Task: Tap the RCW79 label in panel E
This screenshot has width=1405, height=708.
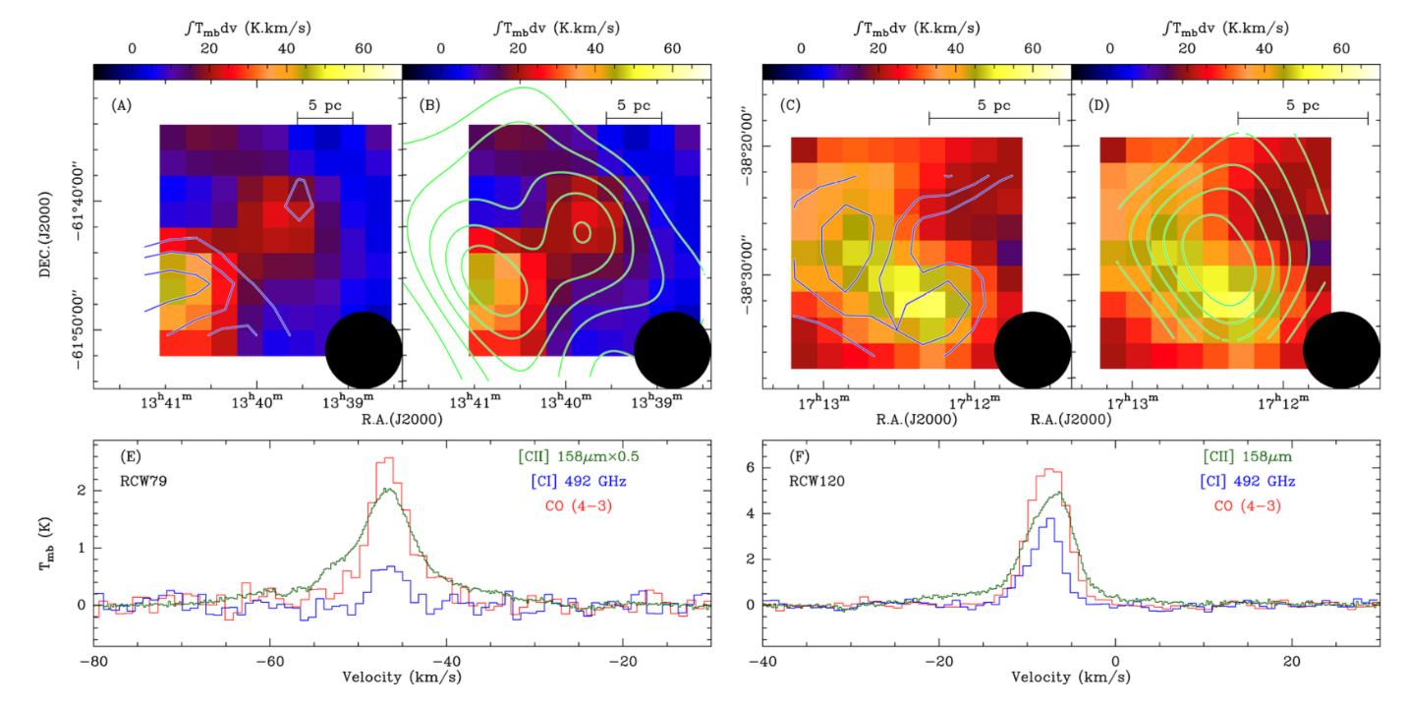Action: click(140, 482)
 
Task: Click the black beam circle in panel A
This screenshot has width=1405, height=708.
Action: click(364, 350)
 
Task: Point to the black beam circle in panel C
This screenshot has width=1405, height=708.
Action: click(1032, 350)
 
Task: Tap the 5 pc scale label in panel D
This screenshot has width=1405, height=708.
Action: click(1302, 104)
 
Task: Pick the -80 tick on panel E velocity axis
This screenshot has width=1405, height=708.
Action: click(93, 661)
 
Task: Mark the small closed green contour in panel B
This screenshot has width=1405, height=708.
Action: click(582, 232)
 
